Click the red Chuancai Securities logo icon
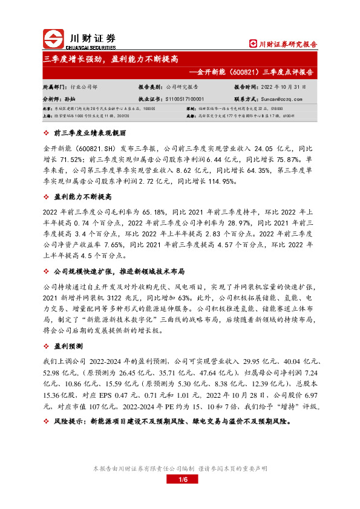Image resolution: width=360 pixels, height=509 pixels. (54, 39)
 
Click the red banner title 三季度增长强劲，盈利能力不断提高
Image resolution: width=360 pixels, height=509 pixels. (111, 59)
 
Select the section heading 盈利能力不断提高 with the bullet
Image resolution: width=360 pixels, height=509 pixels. (82, 197)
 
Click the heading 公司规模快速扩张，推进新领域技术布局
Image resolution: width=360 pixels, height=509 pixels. (119, 272)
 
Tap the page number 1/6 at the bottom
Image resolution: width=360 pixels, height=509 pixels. (180, 479)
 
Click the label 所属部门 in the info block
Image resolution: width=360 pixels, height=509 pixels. (54, 87)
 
